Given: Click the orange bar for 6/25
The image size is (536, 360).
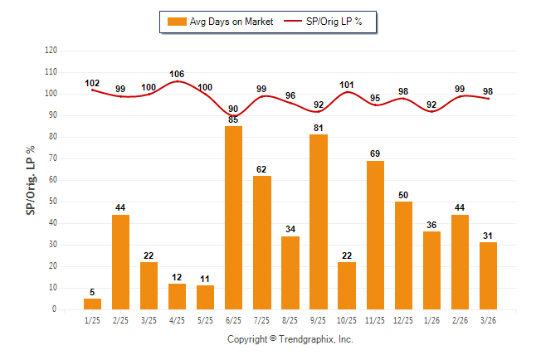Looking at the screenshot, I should [x=233, y=217].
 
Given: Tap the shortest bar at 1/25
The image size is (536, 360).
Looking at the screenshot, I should [x=92, y=304].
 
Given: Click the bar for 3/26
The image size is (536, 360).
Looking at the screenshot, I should [x=488, y=275].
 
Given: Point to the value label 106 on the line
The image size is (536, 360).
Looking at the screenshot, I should [x=177, y=74].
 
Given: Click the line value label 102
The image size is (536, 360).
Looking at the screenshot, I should [x=92, y=83].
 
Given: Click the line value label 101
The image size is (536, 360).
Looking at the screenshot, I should [x=347, y=84].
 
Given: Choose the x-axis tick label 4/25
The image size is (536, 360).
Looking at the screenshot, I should [x=177, y=319].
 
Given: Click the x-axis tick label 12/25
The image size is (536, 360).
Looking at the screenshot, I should [x=403, y=319].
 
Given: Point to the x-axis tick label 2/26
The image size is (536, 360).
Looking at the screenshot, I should [x=460, y=319].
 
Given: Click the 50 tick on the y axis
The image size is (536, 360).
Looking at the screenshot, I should [x=53, y=202].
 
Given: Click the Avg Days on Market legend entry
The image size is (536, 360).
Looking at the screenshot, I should [x=218, y=21].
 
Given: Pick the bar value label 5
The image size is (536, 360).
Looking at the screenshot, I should [x=92, y=292].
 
